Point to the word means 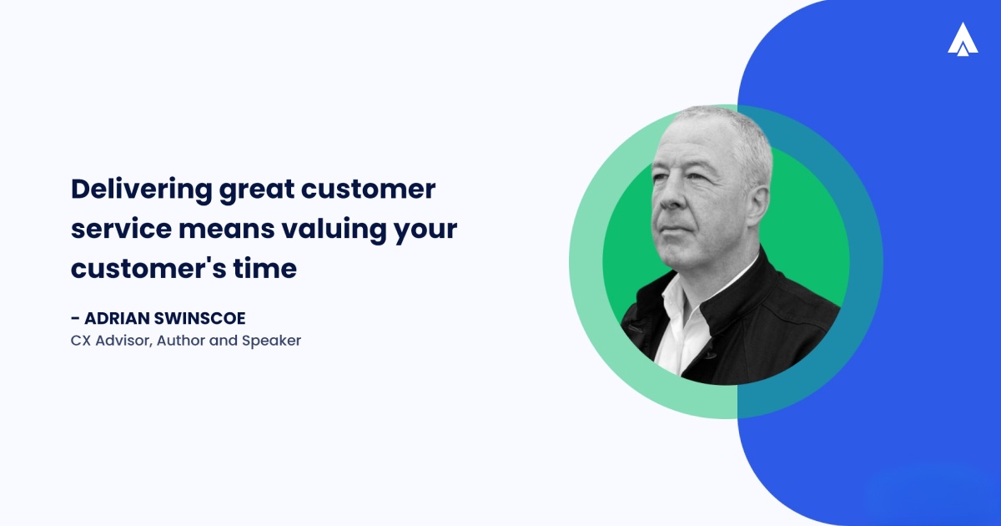[x=229, y=229]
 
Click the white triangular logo [x=963, y=39]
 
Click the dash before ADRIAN [x=76, y=318]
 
